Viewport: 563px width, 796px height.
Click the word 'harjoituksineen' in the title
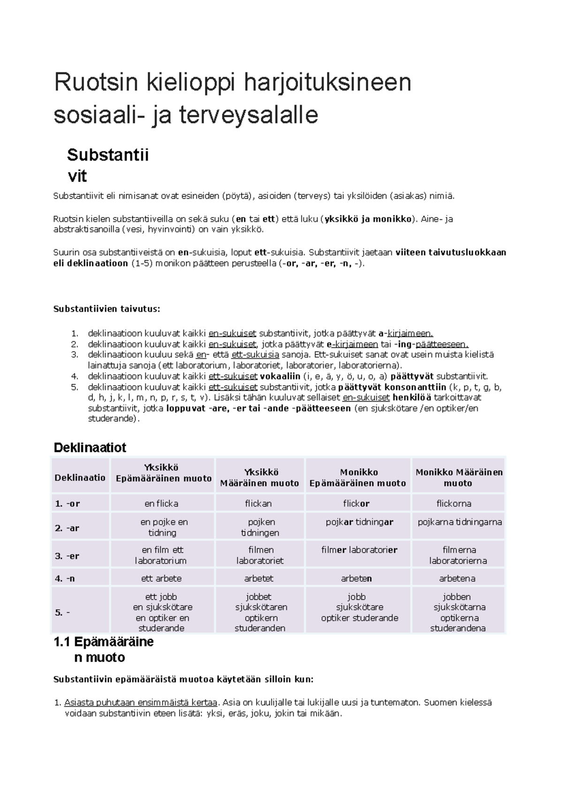coord(327,83)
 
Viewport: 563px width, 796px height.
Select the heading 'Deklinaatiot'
coord(90,447)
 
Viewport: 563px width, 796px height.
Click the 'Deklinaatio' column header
coord(80,478)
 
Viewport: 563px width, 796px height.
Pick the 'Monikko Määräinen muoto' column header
coord(459,478)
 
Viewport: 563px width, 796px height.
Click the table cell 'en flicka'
coord(161,503)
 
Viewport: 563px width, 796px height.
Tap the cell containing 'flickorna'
coord(454,503)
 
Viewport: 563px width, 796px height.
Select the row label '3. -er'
coord(67,556)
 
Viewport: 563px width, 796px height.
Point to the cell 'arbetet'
coord(259,578)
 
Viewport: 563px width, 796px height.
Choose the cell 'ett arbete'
coord(161,578)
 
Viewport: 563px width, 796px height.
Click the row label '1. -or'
coord(67,503)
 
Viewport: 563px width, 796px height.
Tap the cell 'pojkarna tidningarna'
coord(460,522)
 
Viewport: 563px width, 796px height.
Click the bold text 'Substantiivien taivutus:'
coord(107,309)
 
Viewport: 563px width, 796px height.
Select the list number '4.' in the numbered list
coord(74,376)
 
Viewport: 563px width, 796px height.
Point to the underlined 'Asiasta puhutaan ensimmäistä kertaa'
coord(141,703)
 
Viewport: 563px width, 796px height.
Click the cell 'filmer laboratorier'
coord(359,550)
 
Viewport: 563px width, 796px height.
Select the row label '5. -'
coord(62,612)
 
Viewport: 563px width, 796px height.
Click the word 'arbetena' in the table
coord(457,578)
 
